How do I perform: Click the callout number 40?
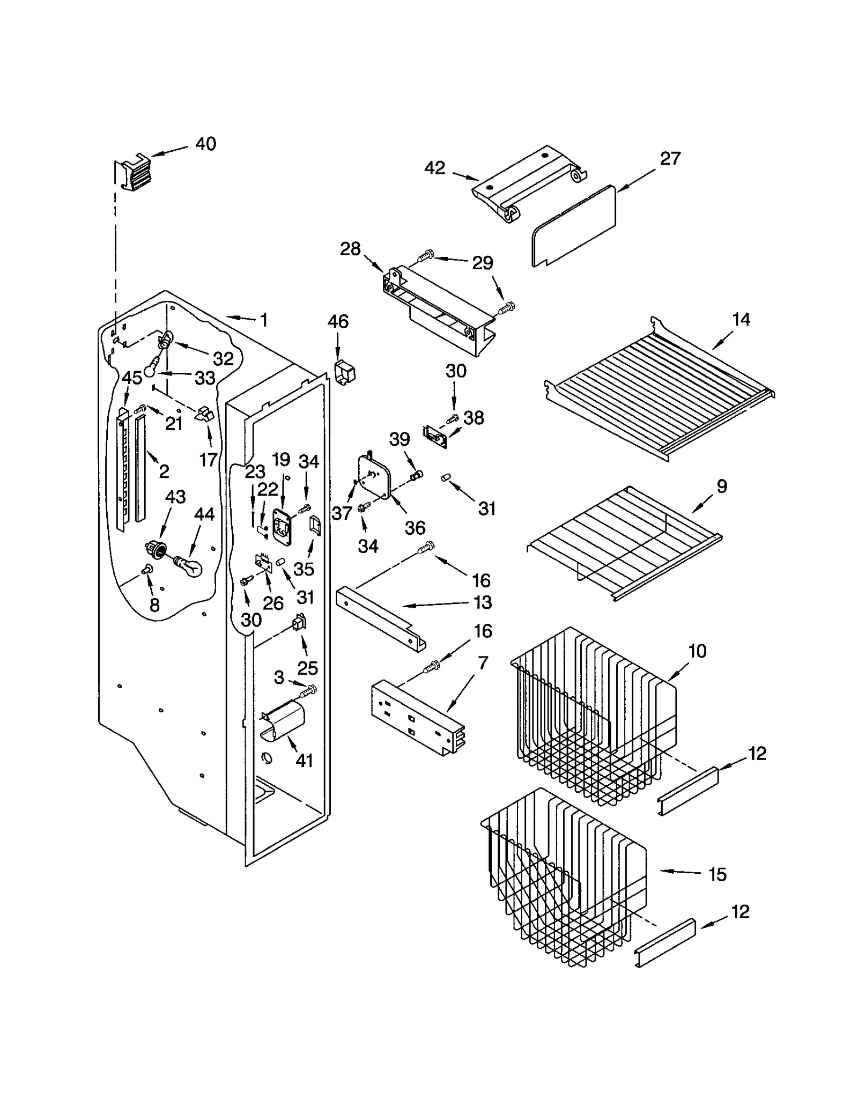point(205,144)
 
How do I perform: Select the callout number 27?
point(670,158)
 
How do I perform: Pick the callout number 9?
point(722,486)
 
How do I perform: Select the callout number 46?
point(338,321)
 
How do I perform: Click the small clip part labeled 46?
point(344,372)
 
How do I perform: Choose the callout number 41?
point(304,760)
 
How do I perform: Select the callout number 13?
point(483,602)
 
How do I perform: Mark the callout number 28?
point(350,249)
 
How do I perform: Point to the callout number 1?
point(263,320)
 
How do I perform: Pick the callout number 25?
point(308,668)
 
